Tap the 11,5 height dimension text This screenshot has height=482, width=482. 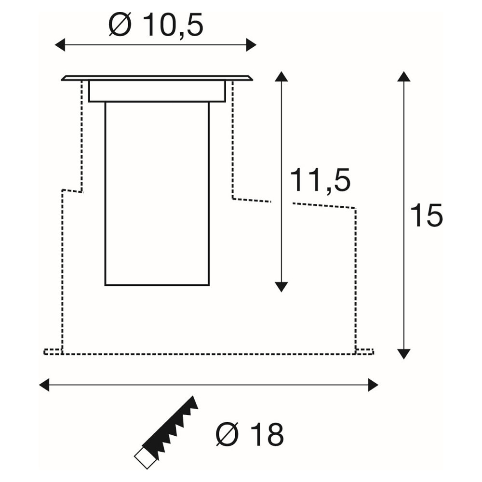(320, 180)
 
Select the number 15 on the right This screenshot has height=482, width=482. (426, 215)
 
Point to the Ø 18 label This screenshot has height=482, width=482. (250, 434)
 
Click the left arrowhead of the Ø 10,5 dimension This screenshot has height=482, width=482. (60, 45)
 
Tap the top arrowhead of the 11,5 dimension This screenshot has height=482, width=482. (281, 76)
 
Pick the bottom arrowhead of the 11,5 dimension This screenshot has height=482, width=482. (281, 287)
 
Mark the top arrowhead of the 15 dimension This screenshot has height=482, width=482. (403, 76)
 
